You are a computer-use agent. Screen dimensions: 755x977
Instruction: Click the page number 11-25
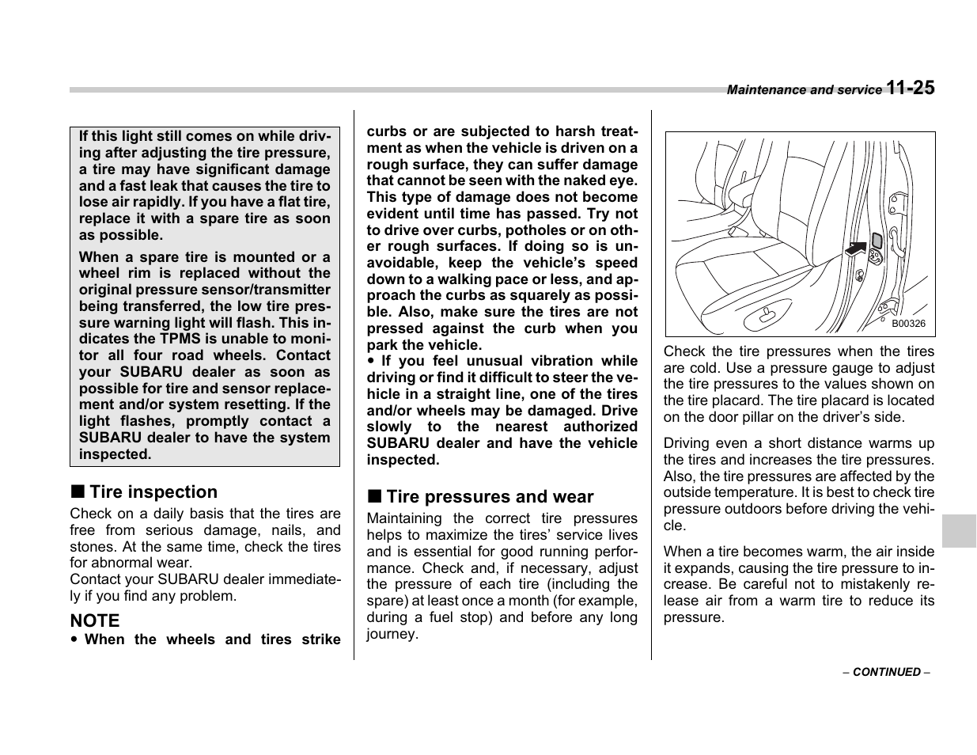910,88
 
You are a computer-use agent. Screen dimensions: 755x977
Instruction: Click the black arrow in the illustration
855,249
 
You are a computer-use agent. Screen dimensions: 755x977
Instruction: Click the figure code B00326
908,324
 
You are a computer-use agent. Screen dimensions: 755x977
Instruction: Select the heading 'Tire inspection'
153,492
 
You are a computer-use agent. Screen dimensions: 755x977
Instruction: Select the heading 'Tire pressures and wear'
489,497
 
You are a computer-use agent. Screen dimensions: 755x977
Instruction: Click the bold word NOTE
95,620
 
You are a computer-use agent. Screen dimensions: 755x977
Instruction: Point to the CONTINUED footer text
886,672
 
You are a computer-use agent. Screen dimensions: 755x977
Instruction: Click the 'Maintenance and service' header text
804,90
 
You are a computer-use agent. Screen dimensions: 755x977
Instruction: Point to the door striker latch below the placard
876,257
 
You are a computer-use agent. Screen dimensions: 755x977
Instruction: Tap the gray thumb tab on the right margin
959,530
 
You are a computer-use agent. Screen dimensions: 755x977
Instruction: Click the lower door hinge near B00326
892,305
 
